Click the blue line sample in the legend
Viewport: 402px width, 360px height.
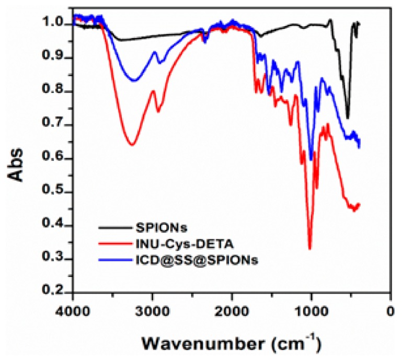coord(116,259)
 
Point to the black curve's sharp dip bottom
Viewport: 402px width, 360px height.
coord(348,118)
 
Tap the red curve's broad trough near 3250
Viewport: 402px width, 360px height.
coord(132,145)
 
